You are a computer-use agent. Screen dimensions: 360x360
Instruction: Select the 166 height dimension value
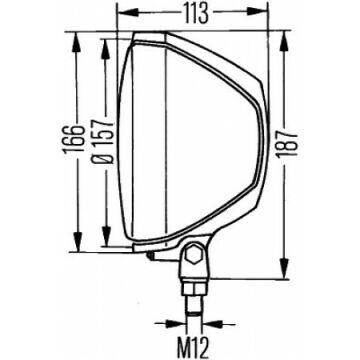pyautogui.click(x=72, y=139)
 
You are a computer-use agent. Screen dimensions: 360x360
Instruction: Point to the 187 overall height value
pyautogui.click(x=286, y=144)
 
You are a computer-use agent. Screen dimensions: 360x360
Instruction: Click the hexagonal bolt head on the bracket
pyautogui.click(x=193, y=256)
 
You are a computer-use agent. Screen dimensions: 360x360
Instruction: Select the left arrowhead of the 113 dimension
pyautogui.click(x=128, y=13)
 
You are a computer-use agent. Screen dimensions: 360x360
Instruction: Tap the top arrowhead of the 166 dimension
pyautogui.click(x=77, y=42)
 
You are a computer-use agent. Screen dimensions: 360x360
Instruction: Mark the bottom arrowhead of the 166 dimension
pyautogui.click(x=77, y=241)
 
